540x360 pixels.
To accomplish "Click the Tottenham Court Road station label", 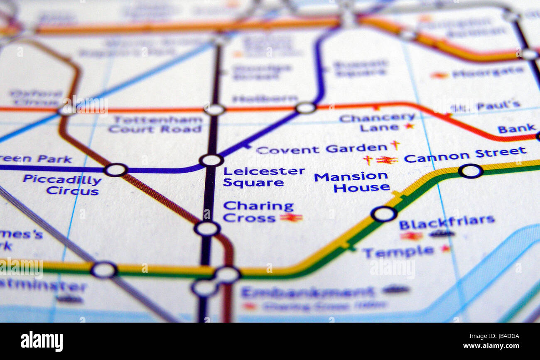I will click(155, 124).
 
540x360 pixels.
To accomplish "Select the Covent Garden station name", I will click(322, 149).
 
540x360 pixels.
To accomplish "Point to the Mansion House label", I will click(351, 182).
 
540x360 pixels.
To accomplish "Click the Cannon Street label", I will click(464, 155).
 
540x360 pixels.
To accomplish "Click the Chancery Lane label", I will click(377, 122).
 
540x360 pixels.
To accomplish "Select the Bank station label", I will click(516, 128).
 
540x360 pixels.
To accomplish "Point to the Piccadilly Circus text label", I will click(62, 185).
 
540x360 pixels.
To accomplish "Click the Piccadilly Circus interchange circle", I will click(115, 169).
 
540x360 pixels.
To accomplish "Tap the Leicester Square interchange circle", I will click(211, 160).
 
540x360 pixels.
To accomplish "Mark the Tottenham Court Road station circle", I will click(214, 110).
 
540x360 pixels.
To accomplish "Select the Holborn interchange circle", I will click(306, 108).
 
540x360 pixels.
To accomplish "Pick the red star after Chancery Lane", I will click(409, 126).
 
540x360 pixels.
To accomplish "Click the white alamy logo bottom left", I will click(42, 341).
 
